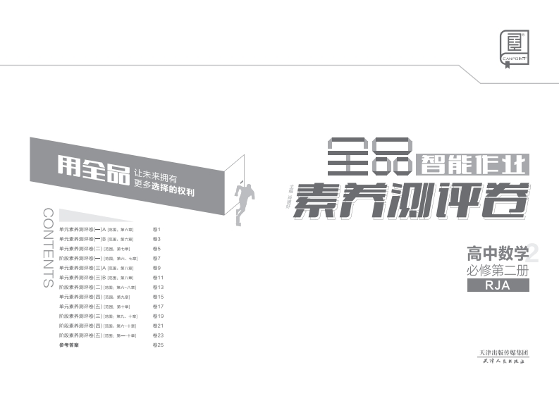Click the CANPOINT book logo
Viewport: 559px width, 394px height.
click(514, 48)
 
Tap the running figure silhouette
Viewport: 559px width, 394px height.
click(245, 197)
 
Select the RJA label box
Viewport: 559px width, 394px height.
click(497, 285)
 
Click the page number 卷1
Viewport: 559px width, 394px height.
click(157, 229)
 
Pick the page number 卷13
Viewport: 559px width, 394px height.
click(159, 288)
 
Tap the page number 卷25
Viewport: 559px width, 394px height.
click(159, 345)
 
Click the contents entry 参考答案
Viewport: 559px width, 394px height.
click(69, 345)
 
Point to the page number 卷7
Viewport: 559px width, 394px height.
click(157, 259)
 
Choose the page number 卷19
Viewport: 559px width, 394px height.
click(159, 316)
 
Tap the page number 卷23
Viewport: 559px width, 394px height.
click(159, 335)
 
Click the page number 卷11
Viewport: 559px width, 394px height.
click(159, 278)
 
